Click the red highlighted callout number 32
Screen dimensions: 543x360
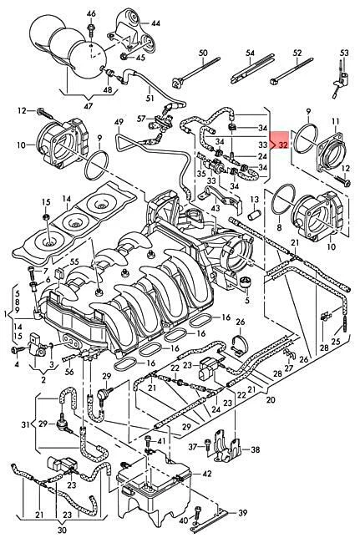click(x=283, y=145)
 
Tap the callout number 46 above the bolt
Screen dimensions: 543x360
click(x=91, y=14)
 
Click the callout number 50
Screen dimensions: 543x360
click(x=203, y=54)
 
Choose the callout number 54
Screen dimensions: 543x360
click(x=249, y=54)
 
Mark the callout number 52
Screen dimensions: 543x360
click(x=296, y=54)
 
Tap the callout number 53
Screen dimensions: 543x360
click(x=343, y=54)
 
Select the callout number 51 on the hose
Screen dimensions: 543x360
click(x=150, y=99)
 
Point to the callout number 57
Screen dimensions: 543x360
click(x=142, y=119)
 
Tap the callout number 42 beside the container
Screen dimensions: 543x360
click(x=207, y=474)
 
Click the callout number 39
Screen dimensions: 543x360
click(x=241, y=511)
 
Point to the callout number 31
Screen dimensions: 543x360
click(x=26, y=424)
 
